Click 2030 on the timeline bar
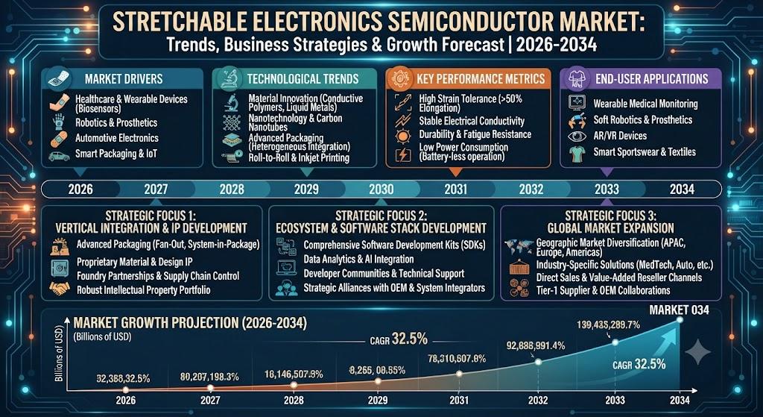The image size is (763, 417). click(x=381, y=189)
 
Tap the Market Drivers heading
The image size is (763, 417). click(x=124, y=79)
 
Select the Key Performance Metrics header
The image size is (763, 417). click(x=481, y=79)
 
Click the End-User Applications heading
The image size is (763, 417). click(x=651, y=79)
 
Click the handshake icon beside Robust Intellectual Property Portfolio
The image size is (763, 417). click(x=60, y=289)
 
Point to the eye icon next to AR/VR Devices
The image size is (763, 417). click(x=579, y=136)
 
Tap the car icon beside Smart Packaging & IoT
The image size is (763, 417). click(x=59, y=156)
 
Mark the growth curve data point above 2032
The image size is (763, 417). click(x=538, y=362)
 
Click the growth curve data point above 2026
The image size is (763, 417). click(x=126, y=389)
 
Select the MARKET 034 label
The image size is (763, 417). click(x=680, y=310)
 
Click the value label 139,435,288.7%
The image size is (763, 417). click(x=608, y=324)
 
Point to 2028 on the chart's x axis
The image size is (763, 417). click(x=294, y=401)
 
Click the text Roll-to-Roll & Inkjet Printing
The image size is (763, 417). click(x=299, y=157)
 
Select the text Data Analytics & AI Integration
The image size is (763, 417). click(x=358, y=260)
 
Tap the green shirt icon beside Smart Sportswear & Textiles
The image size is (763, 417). click(x=578, y=153)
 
